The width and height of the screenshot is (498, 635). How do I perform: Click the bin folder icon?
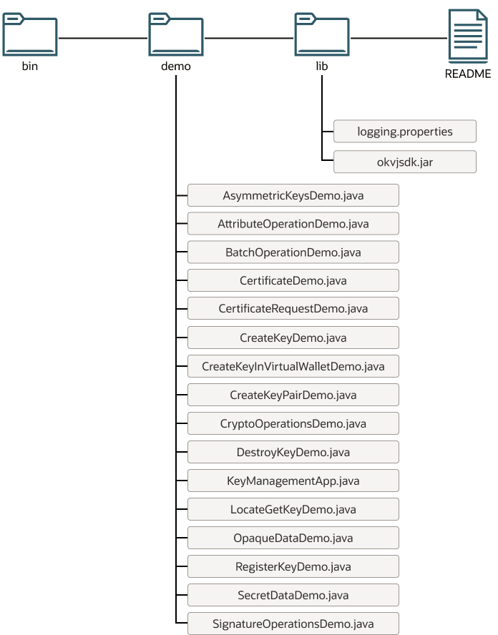29,36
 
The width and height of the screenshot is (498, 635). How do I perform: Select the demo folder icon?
176,36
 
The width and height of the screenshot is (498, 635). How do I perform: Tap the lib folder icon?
322,36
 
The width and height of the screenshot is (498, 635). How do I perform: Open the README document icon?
468,36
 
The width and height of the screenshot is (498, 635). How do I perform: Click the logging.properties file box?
405,132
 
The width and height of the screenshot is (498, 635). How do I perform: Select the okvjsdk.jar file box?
405,162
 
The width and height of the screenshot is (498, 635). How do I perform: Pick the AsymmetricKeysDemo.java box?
293,195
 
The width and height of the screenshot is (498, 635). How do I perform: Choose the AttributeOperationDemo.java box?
293,224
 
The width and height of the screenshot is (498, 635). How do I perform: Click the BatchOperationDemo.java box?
293,252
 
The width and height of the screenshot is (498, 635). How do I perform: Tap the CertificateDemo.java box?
293,280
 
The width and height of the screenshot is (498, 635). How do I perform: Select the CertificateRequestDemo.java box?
293,309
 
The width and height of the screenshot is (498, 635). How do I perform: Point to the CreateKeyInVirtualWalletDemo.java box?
293,366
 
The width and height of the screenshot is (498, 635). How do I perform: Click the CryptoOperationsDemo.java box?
293,423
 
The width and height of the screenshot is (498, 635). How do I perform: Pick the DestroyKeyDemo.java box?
293,452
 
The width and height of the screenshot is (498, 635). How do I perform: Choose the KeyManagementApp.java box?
293,481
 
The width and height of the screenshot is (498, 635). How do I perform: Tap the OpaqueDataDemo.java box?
293,538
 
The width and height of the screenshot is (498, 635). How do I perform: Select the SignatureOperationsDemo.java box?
293,623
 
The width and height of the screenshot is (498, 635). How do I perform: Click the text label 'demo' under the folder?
176,67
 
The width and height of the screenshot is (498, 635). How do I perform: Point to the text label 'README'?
468,74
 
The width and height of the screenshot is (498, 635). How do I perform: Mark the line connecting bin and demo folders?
103,37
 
